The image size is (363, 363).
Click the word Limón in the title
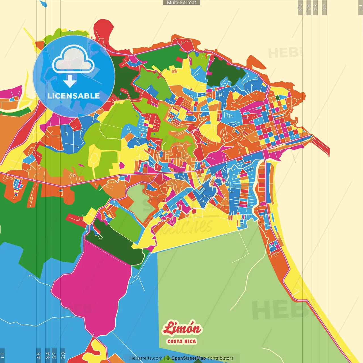click(x=182, y=328)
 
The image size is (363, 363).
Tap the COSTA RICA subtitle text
click(x=181, y=341)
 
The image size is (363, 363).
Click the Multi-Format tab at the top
click(x=181, y=3)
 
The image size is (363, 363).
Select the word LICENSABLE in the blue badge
click(x=74, y=96)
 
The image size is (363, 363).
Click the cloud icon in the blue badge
click(x=73, y=60)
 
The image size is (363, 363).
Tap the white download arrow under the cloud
click(x=70, y=81)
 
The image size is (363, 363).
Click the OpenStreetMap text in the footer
click(x=188, y=358)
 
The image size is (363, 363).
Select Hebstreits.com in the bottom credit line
click(x=146, y=358)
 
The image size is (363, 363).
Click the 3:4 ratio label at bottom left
click(x=48, y=355)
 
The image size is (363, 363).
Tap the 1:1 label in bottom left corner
click(x=2, y=355)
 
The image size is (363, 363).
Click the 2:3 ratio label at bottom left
click(x=63, y=355)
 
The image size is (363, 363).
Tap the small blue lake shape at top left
click(x=43, y=3)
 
